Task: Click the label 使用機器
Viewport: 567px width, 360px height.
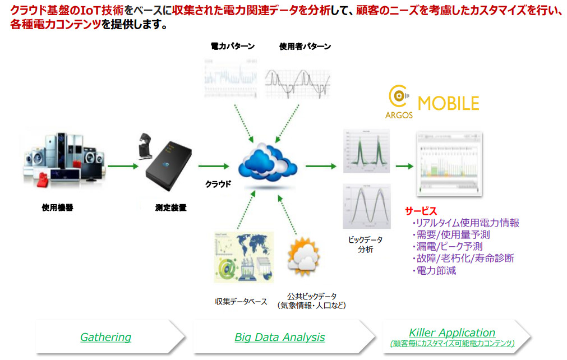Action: click(57, 207)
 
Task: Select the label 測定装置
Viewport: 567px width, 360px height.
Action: click(170, 207)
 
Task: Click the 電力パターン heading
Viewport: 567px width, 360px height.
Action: click(232, 47)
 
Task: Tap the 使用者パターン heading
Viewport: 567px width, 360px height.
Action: click(305, 47)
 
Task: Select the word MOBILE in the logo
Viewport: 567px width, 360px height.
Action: click(449, 104)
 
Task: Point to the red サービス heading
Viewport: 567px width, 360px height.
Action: click(421, 211)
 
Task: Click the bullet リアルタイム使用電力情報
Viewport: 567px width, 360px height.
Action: click(465, 223)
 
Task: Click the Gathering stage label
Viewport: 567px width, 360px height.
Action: click(105, 337)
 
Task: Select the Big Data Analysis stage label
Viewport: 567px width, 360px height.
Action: click(279, 337)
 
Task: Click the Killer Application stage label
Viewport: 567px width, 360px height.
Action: click(451, 333)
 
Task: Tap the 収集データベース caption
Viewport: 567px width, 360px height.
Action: click(241, 301)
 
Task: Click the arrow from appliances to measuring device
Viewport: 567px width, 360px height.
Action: click(123, 166)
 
